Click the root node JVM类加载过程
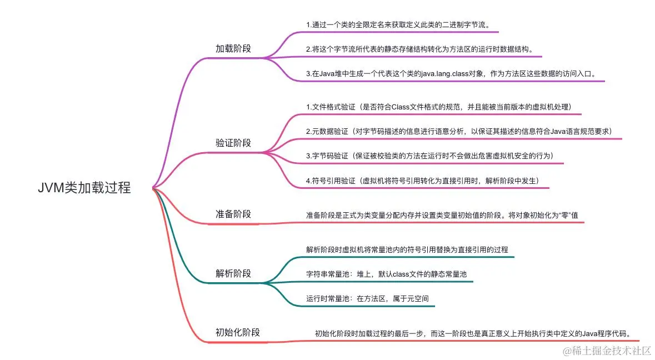click(84, 188)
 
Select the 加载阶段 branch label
click(233, 48)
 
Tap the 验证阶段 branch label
click(233, 143)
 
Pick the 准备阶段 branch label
click(233, 214)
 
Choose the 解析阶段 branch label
click(233, 273)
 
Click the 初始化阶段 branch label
click(238, 333)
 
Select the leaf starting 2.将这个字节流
click(419, 49)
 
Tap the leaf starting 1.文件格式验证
click(439, 107)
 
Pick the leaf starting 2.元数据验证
click(458, 131)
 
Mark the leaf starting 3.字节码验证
click(429, 156)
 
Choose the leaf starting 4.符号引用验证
click(422, 181)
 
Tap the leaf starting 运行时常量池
click(367, 298)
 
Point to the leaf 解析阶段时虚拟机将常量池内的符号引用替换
click(407, 249)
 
